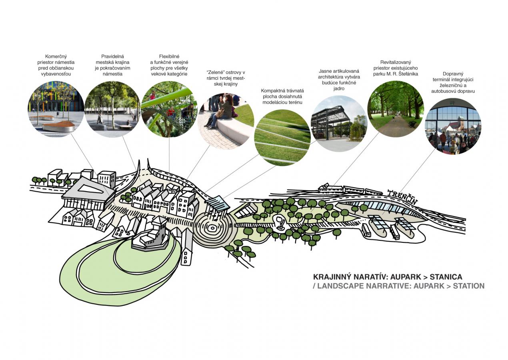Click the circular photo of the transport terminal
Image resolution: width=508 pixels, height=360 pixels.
click(453, 126)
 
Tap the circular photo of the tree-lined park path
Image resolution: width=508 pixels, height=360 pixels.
click(395, 109)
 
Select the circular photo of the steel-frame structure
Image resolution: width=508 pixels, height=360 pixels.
click(338, 124)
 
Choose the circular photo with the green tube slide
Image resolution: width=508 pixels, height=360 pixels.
click(169, 109)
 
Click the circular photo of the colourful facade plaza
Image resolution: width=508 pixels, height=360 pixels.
click(56, 109)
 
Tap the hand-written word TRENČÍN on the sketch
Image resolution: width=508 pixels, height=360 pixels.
click(402, 196)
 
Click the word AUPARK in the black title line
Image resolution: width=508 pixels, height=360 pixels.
click(407, 277)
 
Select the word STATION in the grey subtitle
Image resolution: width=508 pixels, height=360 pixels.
click(468, 286)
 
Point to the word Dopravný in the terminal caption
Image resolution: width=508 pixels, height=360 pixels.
click(453, 74)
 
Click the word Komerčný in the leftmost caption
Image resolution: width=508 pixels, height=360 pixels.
click(56, 56)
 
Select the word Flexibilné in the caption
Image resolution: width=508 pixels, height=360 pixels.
click(169, 56)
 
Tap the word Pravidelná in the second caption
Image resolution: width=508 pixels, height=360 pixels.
click(112, 56)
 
